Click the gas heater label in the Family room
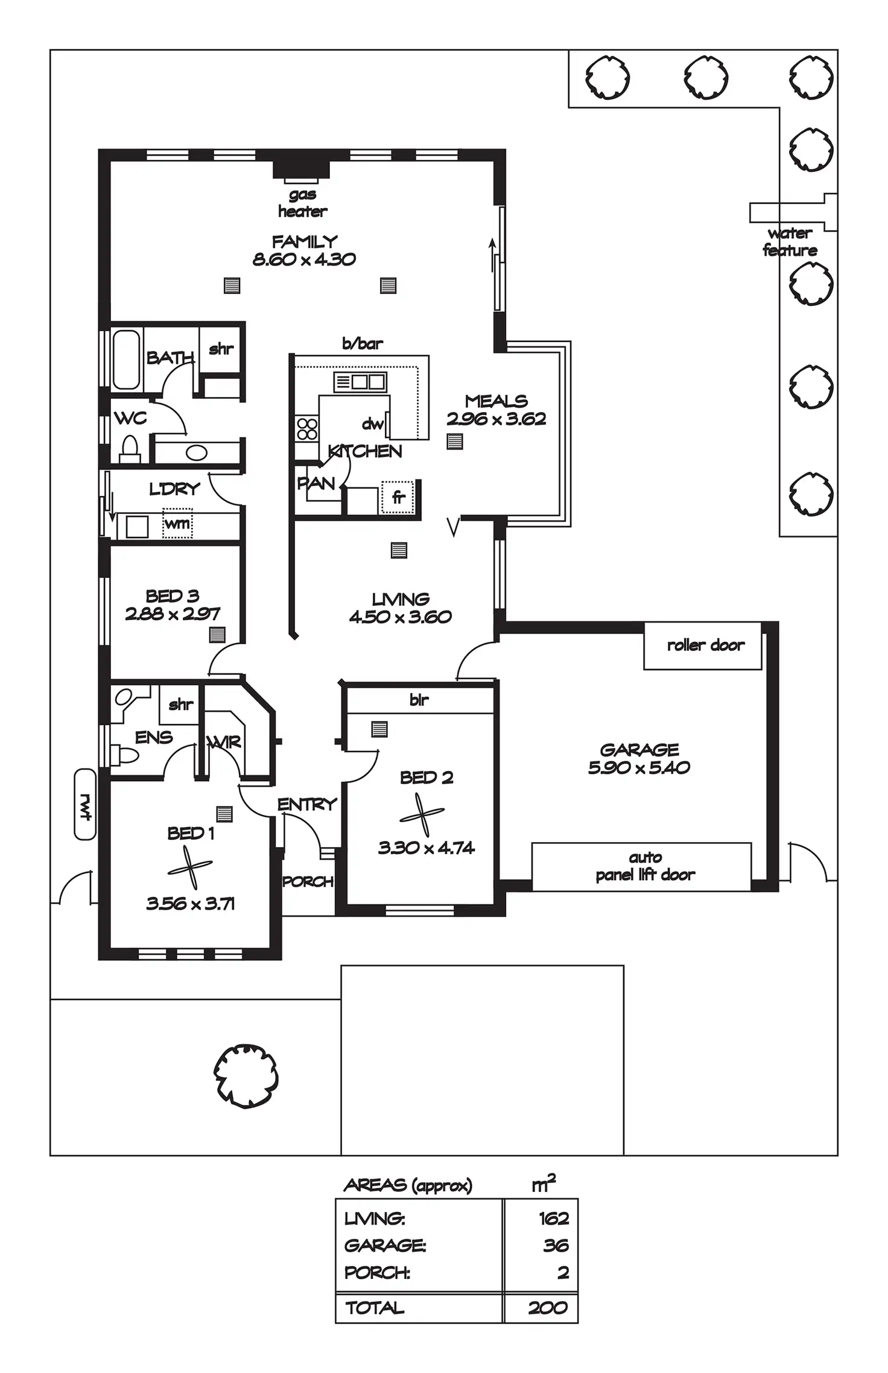[x=303, y=203]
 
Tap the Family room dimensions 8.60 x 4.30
[x=304, y=259]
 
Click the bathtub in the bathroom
[x=126, y=360]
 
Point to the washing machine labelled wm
[x=177, y=524]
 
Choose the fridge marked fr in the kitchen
[x=398, y=497]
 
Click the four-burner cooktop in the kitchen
[x=307, y=429]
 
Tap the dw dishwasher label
[x=373, y=424]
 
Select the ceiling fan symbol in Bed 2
[x=422, y=814]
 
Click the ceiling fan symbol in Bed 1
[x=190, y=867]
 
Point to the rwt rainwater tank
[x=85, y=804]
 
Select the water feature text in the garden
[x=790, y=242]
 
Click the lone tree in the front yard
[x=246, y=1076]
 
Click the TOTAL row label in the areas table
[x=375, y=1308]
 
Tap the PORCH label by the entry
[x=308, y=881]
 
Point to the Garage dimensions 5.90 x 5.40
[x=639, y=767]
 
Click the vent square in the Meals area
[x=455, y=442]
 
